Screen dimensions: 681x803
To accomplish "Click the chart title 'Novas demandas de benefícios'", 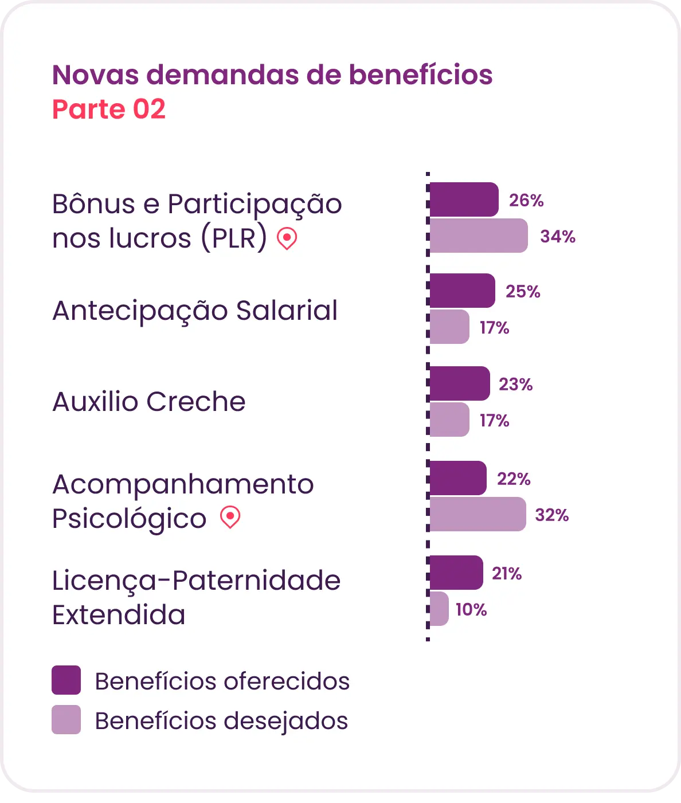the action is coord(272,74).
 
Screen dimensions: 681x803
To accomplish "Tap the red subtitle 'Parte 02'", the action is coord(109,109).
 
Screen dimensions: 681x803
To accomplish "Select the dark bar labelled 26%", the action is coord(464,199).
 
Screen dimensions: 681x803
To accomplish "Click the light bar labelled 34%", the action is coord(479,236).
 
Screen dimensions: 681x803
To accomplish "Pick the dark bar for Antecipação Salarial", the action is coord(462,291).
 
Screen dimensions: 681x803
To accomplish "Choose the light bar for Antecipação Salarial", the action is coord(449,327).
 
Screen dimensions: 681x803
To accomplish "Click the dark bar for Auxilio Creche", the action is coord(460,383).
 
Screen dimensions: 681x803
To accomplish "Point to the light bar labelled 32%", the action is coord(478,514).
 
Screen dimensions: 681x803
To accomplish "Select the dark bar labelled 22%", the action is coord(458,478).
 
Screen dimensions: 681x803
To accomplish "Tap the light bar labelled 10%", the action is coord(439,608).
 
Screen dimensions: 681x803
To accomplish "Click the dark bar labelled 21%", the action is coord(456,572).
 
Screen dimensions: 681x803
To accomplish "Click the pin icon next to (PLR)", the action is coord(287,238).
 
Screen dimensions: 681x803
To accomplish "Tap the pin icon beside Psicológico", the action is coord(230,517).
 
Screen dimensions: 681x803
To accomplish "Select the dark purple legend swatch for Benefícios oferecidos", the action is coord(66,680).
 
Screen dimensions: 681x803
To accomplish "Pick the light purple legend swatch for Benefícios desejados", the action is coord(66,719).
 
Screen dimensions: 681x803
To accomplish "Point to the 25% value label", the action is coord(523,291).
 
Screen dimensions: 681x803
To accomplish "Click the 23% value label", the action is coord(515,384).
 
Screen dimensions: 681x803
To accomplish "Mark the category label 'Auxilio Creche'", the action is coord(149,401).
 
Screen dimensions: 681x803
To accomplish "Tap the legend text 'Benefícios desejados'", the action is coord(221,721).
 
